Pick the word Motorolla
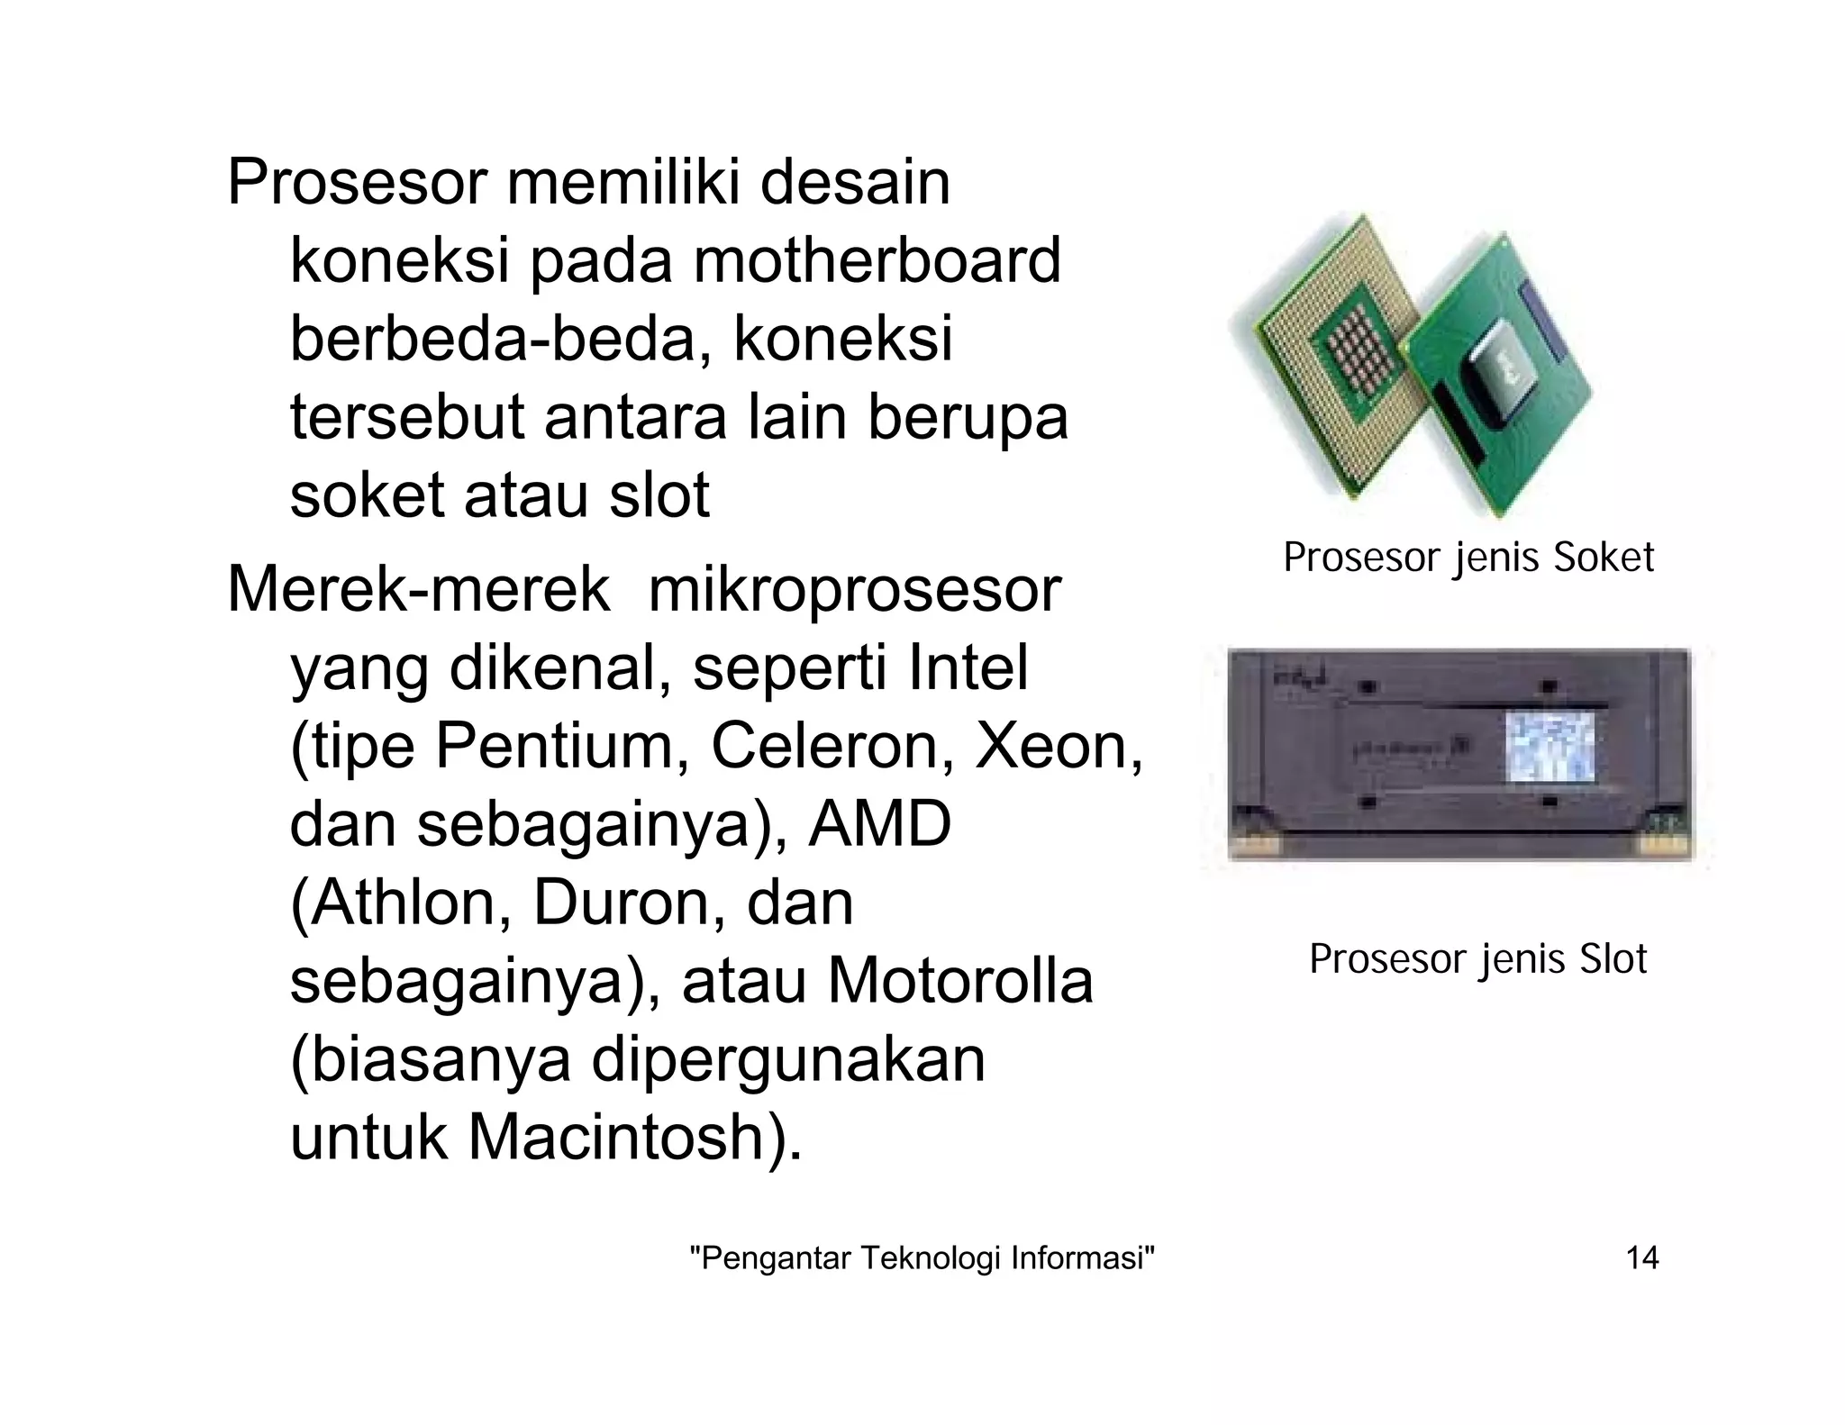click(960, 981)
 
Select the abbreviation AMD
click(879, 824)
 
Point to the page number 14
click(1641, 1257)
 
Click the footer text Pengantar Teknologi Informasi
click(922, 1257)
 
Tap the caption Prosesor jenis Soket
click(1468, 558)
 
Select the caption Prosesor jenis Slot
click(1477, 958)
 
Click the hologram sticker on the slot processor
click(1550, 745)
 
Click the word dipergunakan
click(788, 1059)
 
